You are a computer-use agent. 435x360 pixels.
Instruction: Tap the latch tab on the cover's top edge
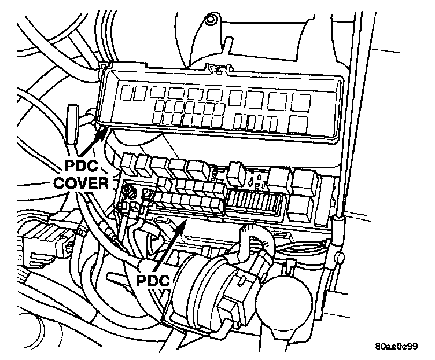tap(217, 70)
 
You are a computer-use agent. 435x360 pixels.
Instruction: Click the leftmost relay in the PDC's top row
tap(128, 164)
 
